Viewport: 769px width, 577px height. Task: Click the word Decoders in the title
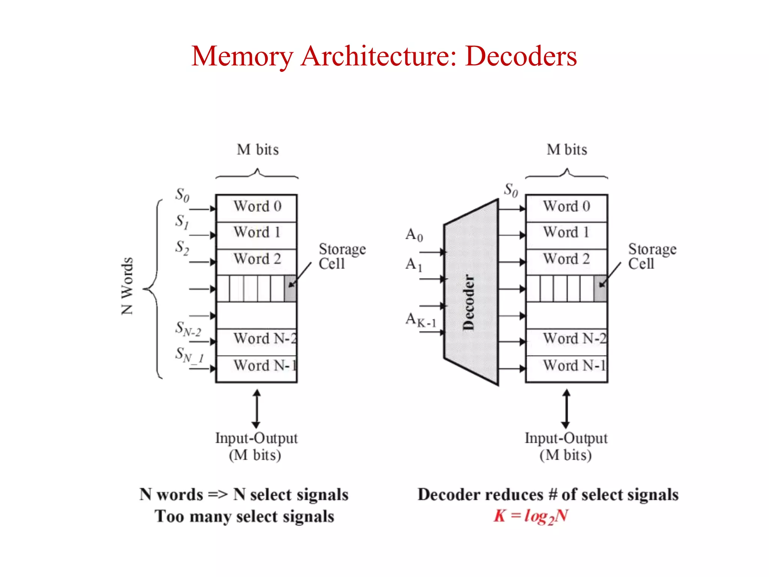click(520, 56)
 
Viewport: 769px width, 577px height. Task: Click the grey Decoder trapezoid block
click(471, 293)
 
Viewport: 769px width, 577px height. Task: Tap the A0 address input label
click(414, 235)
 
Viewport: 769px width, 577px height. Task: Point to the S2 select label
click(182, 248)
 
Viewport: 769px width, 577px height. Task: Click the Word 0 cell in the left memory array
click(257, 207)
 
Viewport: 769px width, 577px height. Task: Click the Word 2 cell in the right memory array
click(566, 259)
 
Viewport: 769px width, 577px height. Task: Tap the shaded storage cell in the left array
click(290, 288)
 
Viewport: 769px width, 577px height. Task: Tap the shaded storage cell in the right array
click(600, 288)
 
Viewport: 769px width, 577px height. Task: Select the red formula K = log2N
click(531, 516)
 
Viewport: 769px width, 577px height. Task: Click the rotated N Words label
click(127, 286)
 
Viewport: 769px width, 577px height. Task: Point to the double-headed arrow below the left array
click(256, 409)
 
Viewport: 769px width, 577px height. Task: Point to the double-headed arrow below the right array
click(566, 409)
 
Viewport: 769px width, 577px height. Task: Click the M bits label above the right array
click(567, 150)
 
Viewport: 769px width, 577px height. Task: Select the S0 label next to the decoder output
click(511, 190)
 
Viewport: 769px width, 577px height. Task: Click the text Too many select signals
click(244, 516)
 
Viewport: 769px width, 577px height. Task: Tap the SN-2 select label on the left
click(188, 329)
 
